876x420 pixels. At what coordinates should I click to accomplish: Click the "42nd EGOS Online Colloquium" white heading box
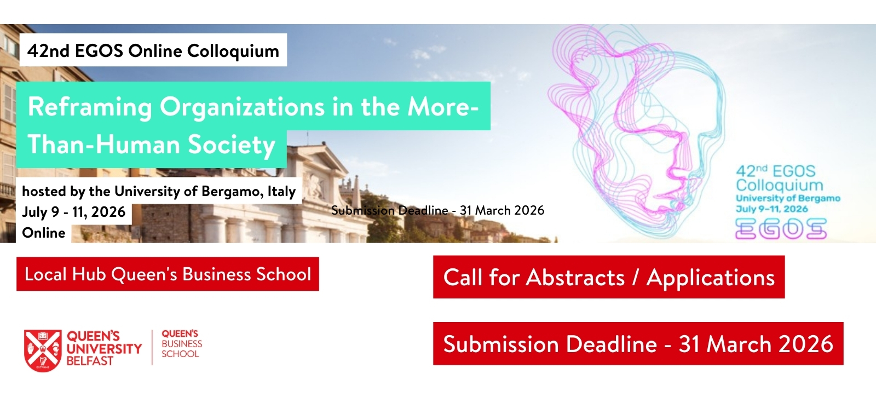153,50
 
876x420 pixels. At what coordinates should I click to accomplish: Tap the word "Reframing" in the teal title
90,107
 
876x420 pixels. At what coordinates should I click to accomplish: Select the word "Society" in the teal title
232,145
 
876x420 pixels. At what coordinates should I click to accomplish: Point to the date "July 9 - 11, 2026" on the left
73,212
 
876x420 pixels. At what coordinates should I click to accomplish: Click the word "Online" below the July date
44,233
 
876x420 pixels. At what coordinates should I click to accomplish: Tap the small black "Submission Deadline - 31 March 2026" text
437,210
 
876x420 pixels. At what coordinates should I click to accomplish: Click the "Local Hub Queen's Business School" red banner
168,274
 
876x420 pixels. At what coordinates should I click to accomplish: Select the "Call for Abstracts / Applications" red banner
609,277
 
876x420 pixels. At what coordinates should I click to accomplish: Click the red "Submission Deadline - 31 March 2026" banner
638,344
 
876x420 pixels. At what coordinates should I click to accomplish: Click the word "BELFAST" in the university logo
90,361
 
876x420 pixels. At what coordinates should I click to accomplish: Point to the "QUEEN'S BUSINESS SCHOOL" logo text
182,344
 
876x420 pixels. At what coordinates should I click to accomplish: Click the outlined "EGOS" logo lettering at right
781,229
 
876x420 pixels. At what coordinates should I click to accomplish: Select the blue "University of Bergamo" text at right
788,198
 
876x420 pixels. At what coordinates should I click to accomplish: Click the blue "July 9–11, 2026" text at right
772,209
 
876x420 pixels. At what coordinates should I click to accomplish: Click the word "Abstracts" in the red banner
575,277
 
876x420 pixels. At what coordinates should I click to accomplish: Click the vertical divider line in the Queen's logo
152,347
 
